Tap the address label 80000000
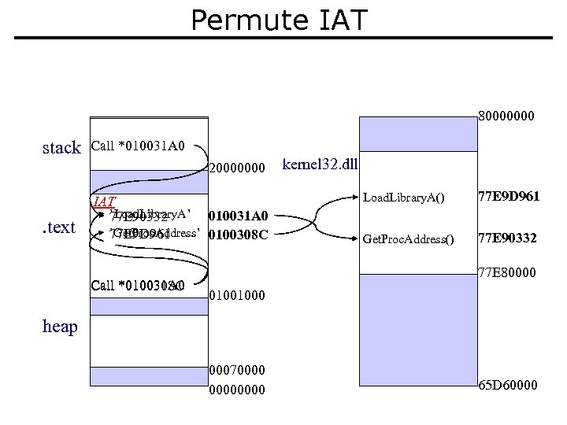pos(506,116)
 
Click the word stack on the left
pos(61,148)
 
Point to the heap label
pos(60,326)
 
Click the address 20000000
pos(236,168)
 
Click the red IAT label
pos(104,201)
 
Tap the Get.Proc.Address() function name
pos(408,239)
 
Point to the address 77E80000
pos(507,273)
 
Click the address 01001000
pos(236,297)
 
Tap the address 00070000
pos(236,370)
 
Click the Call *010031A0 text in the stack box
pos(138,146)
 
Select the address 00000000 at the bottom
pos(236,390)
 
